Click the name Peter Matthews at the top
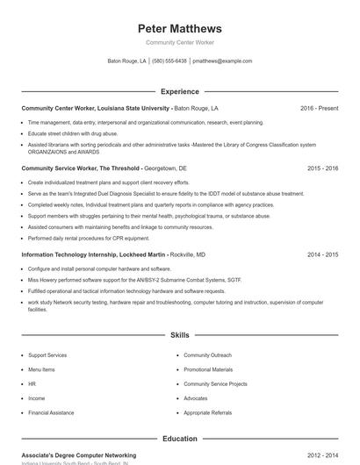tap(180, 28)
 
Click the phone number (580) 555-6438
tap(169, 61)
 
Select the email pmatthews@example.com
tap(222, 61)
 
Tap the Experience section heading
tap(180, 91)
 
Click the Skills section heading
tap(180, 335)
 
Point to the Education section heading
tap(180, 439)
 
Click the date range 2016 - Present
tap(319, 108)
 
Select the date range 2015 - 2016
tap(322, 167)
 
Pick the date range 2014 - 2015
tap(322, 254)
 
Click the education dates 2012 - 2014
tap(322, 456)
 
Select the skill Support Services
tap(47, 355)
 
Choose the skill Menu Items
tap(41, 369)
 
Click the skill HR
tap(32, 383)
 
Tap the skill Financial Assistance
tap(51, 412)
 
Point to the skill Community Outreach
tap(207, 355)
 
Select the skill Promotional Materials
tap(208, 369)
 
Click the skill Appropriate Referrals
tap(207, 412)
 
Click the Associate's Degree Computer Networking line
tap(79, 456)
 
